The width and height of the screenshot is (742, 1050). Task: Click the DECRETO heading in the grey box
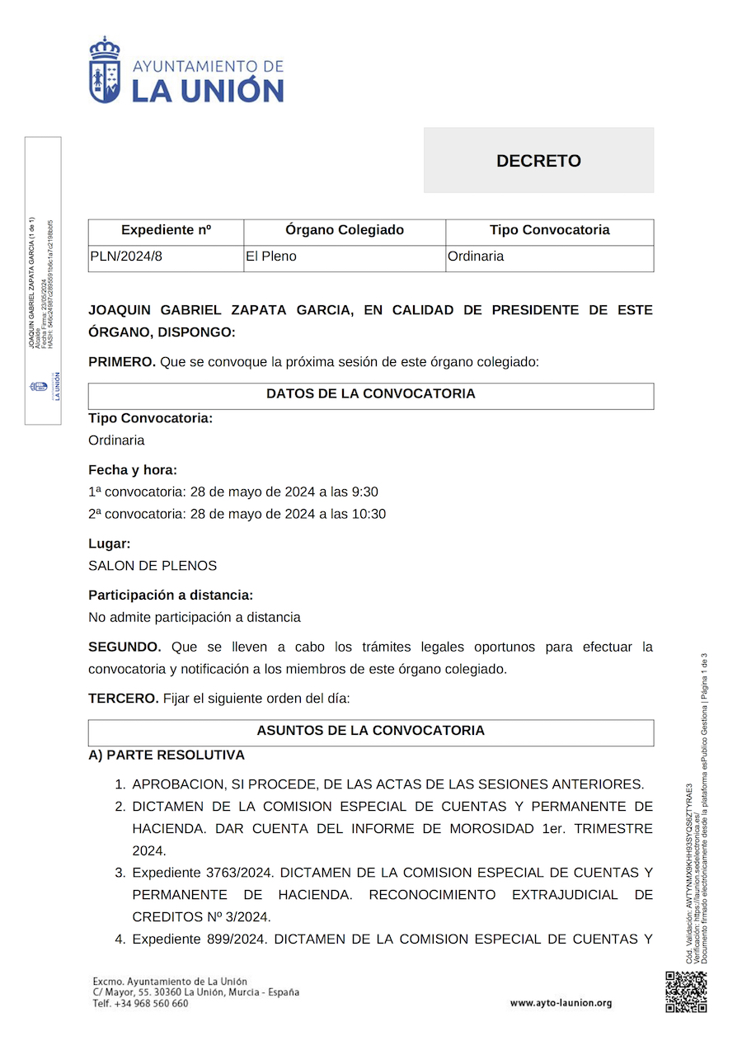538,161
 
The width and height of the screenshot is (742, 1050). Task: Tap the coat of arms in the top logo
105,71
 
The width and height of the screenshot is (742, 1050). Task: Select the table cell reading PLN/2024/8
126,257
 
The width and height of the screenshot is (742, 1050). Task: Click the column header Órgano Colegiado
345,230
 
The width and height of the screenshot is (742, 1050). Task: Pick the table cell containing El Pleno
271,257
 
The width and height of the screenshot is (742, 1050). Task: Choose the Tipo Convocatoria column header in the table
549,230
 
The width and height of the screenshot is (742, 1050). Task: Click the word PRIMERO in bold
122,362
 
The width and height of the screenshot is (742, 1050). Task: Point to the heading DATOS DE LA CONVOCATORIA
371,394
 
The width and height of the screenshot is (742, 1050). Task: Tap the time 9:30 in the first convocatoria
364,492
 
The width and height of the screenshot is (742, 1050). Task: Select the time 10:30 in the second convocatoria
369,514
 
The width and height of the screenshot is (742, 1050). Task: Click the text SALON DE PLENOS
153,566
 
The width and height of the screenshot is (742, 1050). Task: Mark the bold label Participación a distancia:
171,595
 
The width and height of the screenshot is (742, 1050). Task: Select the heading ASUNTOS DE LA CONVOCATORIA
371,731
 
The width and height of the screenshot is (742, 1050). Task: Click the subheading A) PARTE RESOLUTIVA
167,755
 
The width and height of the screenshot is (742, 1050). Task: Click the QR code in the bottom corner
686,991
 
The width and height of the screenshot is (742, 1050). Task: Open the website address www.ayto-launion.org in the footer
561,1003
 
